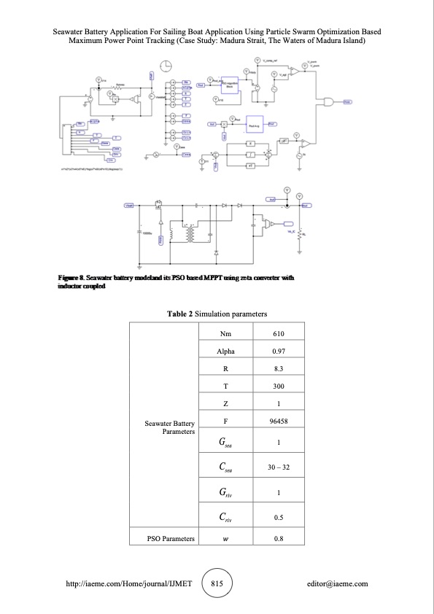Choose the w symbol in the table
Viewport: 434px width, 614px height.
225,539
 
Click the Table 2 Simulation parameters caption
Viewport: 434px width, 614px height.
217,314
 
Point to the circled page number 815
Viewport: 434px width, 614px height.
217,583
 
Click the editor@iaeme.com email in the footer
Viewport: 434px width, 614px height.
338,583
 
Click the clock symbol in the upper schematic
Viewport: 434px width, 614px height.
167,66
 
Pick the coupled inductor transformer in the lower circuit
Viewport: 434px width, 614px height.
192,234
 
